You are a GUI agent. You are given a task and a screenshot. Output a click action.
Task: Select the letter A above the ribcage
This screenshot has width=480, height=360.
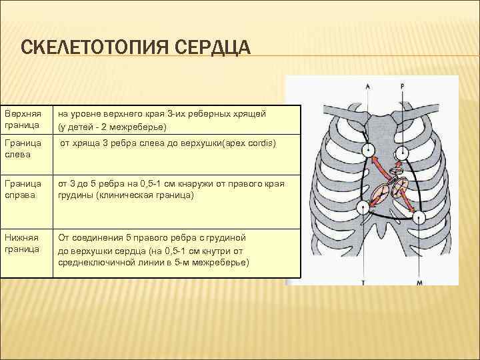point(367,86)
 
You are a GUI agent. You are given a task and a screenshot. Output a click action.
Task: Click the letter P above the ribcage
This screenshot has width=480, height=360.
point(403,86)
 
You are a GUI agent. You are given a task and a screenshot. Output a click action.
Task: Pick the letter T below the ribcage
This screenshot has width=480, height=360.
point(365,283)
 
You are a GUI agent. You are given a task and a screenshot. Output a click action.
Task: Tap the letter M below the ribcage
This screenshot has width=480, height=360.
point(419,283)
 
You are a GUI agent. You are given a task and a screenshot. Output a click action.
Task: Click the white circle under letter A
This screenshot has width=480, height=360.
point(367,149)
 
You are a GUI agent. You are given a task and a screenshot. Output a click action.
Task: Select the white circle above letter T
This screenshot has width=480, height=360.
point(365,209)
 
